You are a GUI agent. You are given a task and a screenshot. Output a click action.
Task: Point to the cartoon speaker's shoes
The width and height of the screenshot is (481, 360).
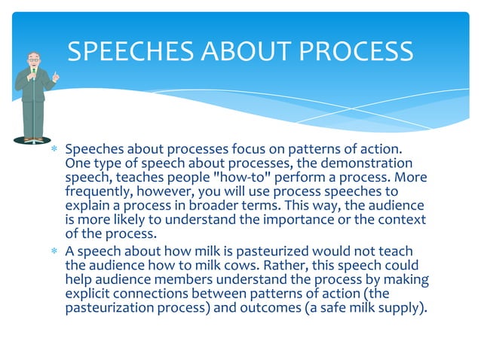pos(31,139)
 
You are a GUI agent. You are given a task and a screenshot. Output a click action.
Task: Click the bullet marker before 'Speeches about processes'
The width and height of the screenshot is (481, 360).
pos(54,149)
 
